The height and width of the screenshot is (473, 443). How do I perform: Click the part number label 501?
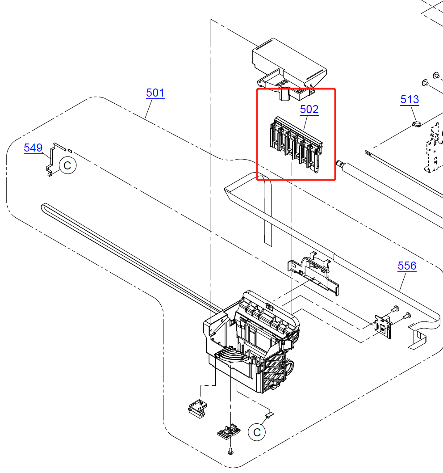[x=155, y=93]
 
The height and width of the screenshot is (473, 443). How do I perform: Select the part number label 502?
[x=309, y=109]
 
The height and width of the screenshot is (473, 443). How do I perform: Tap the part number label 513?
[x=410, y=99]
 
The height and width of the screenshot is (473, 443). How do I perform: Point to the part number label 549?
[x=33, y=148]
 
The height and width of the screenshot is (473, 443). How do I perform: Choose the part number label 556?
[x=407, y=266]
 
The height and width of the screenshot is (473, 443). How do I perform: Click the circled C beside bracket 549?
[x=67, y=165]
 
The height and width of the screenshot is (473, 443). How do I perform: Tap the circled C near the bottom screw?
[x=257, y=432]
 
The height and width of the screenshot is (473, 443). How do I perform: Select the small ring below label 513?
[x=414, y=124]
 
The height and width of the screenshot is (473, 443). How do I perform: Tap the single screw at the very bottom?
[x=230, y=452]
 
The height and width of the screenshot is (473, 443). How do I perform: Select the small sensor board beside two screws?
[x=383, y=325]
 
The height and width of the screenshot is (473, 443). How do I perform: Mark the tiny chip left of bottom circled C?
[x=269, y=415]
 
